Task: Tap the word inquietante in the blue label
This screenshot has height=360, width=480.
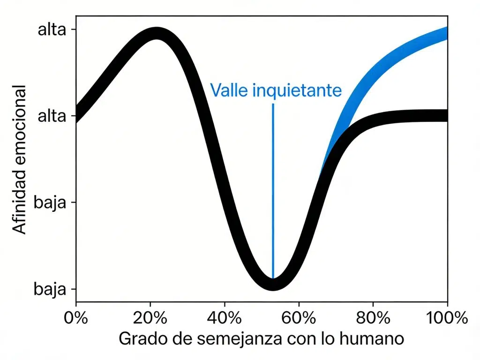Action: click(x=297, y=90)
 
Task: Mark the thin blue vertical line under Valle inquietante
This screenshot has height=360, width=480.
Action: click(x=273, y=187)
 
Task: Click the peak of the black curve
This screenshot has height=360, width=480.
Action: click(x=156, y=34)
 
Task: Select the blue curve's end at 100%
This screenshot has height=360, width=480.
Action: click(x=445, y=34)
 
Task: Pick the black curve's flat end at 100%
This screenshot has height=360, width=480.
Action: click(x=445, y=115)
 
